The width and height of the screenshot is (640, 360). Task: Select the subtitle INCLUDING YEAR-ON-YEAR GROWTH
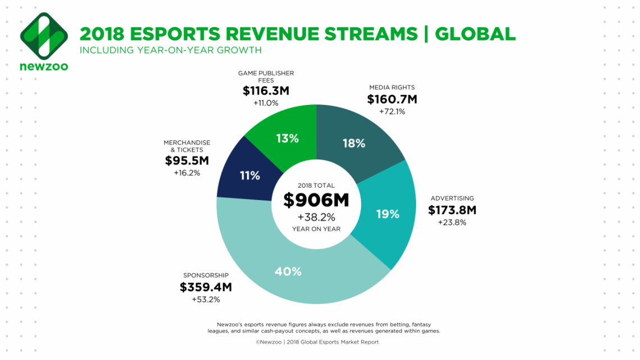coord(170,51)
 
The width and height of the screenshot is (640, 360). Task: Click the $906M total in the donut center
coord(316,200)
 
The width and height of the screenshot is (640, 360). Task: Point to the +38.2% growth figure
coord(316,216)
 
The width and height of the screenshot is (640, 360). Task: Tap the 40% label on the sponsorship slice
coord(288,271)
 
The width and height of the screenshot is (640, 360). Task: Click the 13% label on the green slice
coord(287,138)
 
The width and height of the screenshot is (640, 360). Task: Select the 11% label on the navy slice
coord(250,175)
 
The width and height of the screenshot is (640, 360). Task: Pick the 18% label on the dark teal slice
coord(354,143)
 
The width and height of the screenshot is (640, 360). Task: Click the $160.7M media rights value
coord(392,99)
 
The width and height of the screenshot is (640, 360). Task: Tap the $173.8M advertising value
coord(452,211)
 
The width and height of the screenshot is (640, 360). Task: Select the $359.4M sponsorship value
coord(206,287)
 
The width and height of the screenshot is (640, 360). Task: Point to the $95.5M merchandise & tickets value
coord(187,161)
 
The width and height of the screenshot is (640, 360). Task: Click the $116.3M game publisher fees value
coord(266,91)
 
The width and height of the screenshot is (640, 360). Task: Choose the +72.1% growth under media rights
coord(392,112)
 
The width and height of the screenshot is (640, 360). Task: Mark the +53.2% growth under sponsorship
coord(206,299)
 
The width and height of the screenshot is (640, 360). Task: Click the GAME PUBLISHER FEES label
coord(266,76)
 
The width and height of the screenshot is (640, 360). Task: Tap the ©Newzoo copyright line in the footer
coord(318,342)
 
